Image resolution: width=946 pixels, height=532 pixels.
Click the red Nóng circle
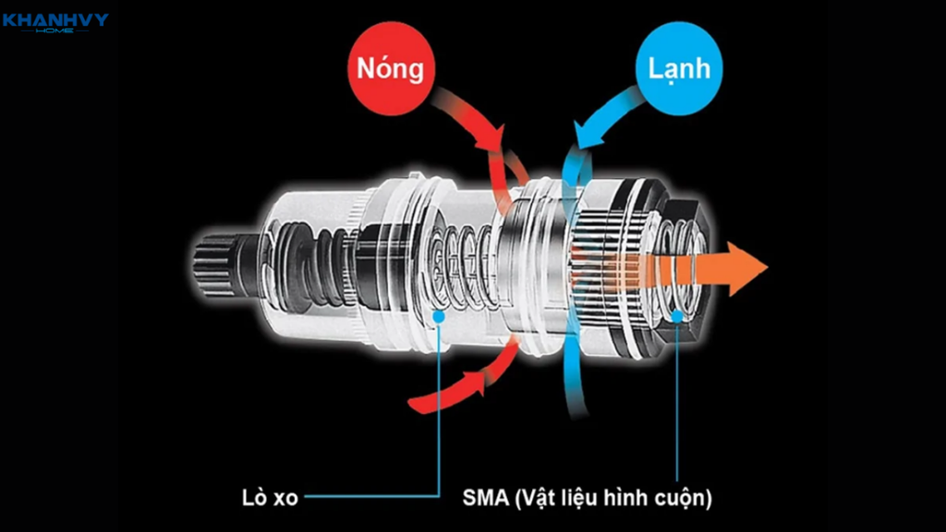(392, 69)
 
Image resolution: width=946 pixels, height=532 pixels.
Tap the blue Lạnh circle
(680, 69)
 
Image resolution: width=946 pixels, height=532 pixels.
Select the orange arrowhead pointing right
(746, 267)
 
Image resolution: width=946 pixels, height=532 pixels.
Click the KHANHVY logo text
(55, 18)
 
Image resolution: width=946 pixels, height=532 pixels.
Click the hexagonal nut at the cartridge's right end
(685, 268)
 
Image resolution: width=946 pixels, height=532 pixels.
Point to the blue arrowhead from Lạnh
(583, 139)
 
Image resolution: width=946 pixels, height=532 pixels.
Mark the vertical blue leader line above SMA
(678, 406)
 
